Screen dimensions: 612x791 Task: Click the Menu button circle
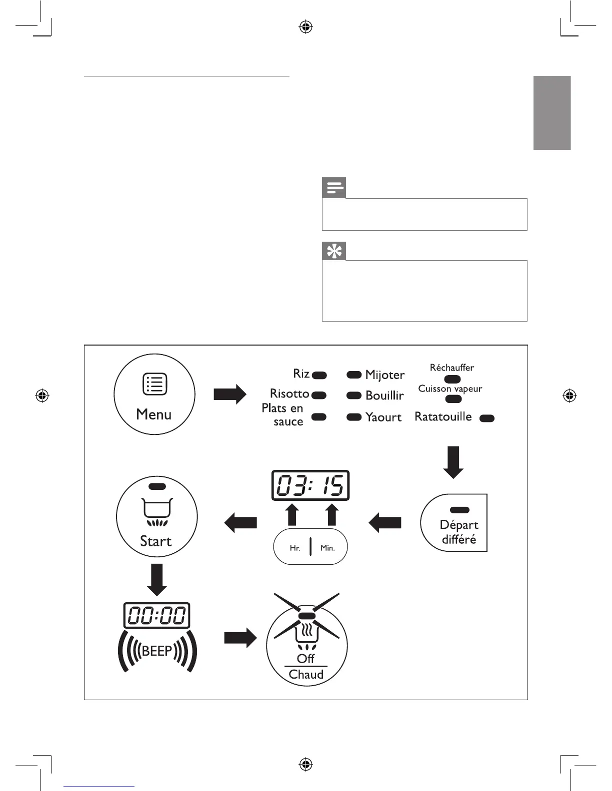(x=154, y=395)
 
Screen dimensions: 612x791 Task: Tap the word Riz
(x=301, y=374)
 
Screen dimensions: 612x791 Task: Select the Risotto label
(x=289, y=394)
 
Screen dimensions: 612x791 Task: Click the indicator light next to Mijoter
(x=354, y=375)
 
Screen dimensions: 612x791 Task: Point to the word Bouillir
(x=384, y=395)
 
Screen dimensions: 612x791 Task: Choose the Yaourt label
(x=383, y=417)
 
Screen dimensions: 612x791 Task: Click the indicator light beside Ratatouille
(x=487, y=418)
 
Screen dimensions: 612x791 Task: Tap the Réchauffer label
(x=452, y=368)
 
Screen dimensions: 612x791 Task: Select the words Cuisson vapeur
(x=450, y=389)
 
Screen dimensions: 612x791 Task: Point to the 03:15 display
(x=310, y=485)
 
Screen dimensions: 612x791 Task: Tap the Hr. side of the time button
(x=295, y=548)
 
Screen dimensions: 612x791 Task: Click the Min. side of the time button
(x=327, y=548)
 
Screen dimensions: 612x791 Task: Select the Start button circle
(x=157, y=516)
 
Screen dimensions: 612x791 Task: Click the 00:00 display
(x=157, y=615)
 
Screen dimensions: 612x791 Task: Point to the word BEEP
(x=157, y=651)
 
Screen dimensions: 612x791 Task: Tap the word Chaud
(x=306, y=675)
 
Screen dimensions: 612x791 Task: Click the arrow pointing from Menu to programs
(x=230, y=395)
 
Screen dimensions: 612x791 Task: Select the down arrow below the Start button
(x=157, y=580)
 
